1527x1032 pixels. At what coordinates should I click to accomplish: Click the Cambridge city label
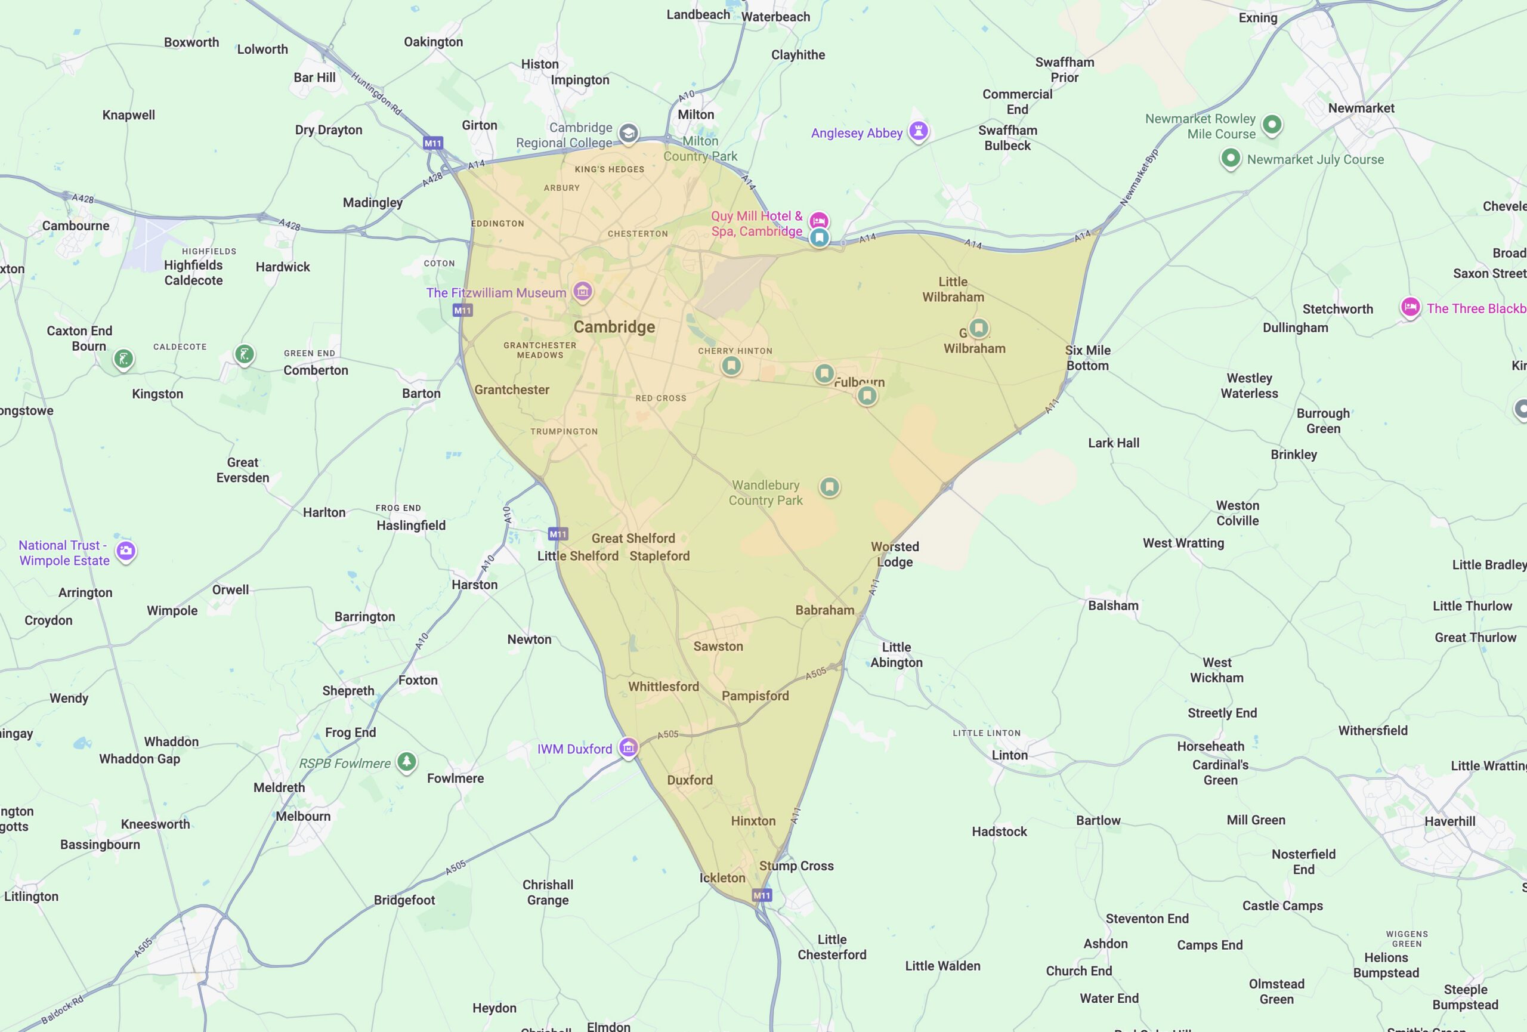(614, 326)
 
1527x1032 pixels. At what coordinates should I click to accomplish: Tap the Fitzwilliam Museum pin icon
(582, 291)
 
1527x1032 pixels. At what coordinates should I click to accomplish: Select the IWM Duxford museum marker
(628, 747)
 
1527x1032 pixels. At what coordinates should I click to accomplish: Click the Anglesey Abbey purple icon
(918, 130)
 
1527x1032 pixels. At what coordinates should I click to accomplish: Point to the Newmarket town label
(1361, 108)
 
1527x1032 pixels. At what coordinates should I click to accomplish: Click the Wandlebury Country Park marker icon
(829, 486)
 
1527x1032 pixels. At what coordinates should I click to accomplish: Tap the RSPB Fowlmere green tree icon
(407, 761)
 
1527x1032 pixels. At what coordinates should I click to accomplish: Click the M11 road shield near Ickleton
(762, 895)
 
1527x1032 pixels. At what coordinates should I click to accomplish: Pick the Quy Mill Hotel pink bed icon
(818, 220)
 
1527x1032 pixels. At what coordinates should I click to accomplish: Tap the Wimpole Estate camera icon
(125, 551)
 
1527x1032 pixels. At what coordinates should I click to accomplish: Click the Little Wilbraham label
(953, 289)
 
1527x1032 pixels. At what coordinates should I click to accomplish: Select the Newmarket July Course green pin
(1230, 157)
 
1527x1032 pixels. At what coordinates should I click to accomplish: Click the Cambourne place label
(76, 225)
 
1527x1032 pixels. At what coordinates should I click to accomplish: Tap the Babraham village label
(824, 610)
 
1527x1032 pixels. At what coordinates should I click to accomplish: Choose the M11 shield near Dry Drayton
(433, 143)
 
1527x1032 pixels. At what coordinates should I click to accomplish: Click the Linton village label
(1009, 755)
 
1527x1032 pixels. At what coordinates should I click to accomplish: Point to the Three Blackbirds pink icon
(1409, 307)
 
